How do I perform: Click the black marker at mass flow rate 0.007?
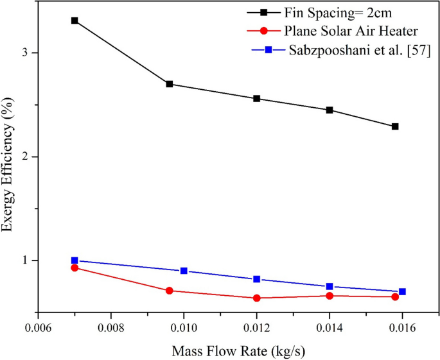tap(75, 21)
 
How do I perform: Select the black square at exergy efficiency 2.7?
tap(170, 84)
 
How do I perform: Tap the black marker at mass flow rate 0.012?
tap(257, 98)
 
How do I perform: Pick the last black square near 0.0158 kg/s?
tap(395, 126)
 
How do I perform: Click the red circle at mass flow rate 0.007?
tap(75, 268)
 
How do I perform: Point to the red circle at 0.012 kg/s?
tap(257, 298)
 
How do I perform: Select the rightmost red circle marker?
tap(395, 296)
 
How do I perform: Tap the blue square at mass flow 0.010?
tap(184, 271)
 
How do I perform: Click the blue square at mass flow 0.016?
tap(402, 291)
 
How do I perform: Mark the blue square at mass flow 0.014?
tap(330, 287)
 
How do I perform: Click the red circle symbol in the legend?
tap(264, 31)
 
